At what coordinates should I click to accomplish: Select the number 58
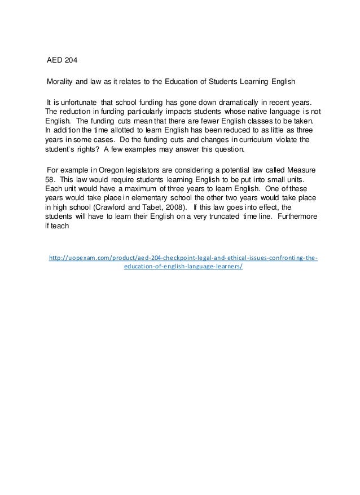(49, 180)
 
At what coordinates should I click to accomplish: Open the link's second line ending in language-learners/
(183, 267)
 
